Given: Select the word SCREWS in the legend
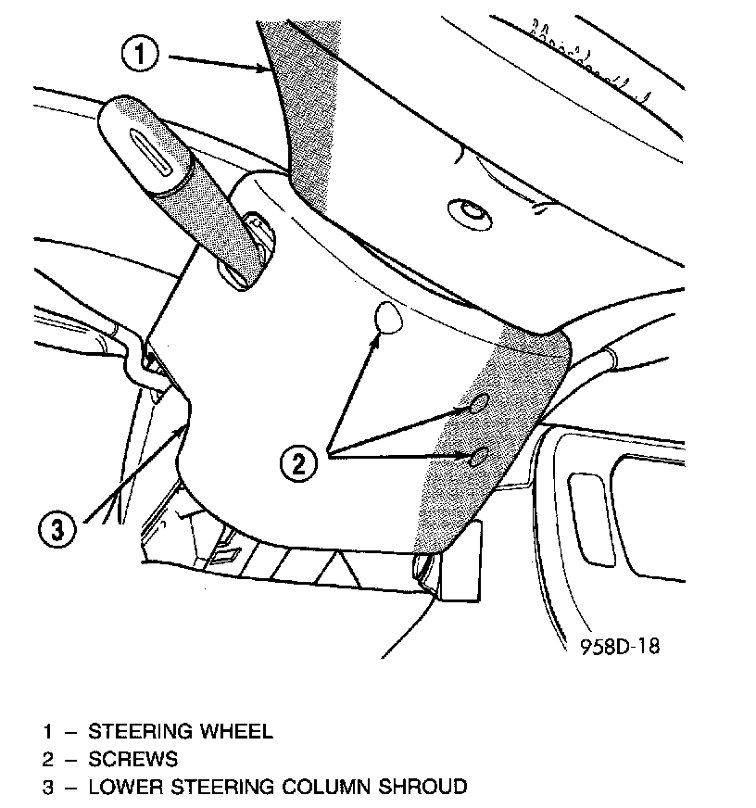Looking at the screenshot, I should pos(132,760).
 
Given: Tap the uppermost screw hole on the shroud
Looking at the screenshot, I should pos(388,319).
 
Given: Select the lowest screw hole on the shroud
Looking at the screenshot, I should pos(479,457).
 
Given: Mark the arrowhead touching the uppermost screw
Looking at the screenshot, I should pos(378,338).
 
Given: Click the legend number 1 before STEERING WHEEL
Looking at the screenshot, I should pos(47,731).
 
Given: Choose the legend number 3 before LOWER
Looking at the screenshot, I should pos(47,788).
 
